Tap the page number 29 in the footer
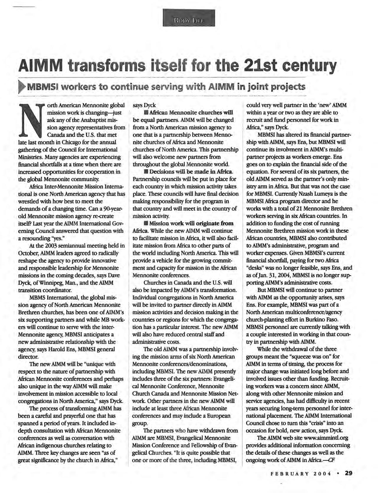[x=348, y=473]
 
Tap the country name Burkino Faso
[x=324, y=319]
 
